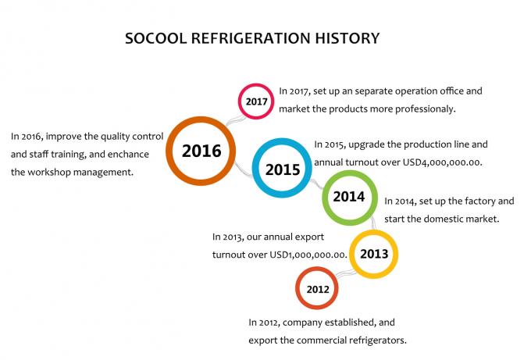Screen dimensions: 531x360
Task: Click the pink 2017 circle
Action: (x=240, y=102)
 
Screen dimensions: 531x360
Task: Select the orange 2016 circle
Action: (x=169, y=151)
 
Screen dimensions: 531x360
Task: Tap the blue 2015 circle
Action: (x=256, y=168)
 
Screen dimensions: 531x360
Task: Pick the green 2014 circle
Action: (x=325, y=198)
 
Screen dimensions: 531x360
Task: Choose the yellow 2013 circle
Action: (x=352, y=254)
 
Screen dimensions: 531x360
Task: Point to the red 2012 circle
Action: (x=298, y=288)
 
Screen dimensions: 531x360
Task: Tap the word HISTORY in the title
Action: (x=347, y=38)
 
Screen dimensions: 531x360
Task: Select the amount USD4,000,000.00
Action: (x=442, y=162)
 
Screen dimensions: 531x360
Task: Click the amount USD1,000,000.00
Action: (x=308, y=255)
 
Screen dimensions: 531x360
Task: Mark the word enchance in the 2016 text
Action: (x=128, y=155)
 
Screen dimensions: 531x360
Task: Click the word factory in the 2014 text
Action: (x=480, y=201)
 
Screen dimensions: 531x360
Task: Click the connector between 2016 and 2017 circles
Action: (x=236, y=120)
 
